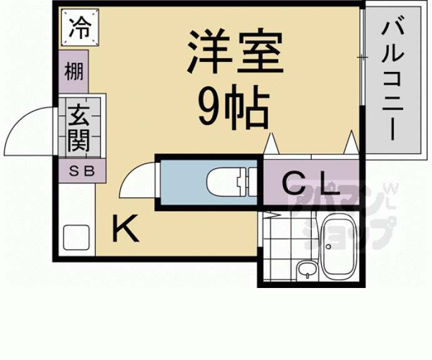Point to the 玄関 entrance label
[79, 128]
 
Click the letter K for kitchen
[125, 229]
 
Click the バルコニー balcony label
[393, 78]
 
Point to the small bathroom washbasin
[306, 270]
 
